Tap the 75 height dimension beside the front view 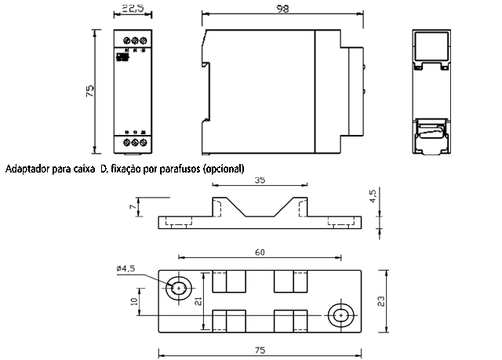point(91,92)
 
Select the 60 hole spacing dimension point(260,253)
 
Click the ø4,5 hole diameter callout point(125,268)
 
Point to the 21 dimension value point(199,301)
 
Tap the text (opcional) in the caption point(224,169)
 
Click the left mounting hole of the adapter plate point(180,289)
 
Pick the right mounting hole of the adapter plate point(340,315)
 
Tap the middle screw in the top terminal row point(134,39)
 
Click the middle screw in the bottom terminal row point(134,143)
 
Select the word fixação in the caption point(128,169)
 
